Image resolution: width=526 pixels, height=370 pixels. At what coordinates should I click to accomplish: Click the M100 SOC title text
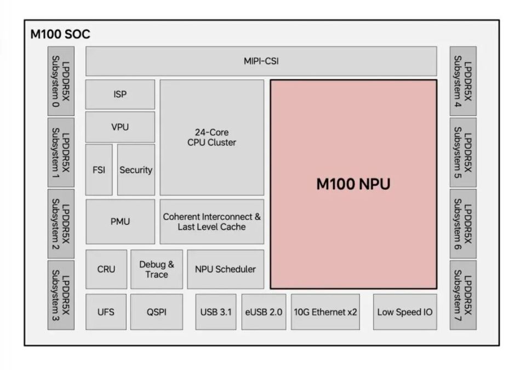(x=60, y=34)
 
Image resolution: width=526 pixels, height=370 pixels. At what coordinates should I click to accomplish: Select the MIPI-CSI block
(x=261, y=61)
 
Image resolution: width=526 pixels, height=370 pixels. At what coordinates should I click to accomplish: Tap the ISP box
(x=120, y=94)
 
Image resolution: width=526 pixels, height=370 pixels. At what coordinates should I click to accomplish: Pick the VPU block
(x=120, y=127)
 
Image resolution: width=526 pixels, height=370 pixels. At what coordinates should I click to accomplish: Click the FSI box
(x=99, y=170)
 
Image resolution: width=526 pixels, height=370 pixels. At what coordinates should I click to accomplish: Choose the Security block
(x=136, y=170)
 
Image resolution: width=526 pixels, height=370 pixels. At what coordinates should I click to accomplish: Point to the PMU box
(x=120, y=222)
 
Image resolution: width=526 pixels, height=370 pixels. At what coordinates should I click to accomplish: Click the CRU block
(x=106, y=269)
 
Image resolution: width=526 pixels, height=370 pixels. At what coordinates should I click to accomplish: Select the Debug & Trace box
(x=157, y=269)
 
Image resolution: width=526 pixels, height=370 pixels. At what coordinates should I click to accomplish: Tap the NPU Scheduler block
(x=225, y=269)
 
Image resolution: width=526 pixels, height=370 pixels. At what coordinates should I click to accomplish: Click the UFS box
(x=106, y=312)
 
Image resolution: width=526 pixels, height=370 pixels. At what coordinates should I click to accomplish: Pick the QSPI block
(x=157, y=312)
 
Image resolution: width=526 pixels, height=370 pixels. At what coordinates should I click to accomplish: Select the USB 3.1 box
(x=216, y=312)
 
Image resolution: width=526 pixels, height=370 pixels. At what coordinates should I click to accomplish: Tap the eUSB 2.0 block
(x=264, y=312)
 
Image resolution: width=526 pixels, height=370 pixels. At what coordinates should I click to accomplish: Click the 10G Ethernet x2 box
(x=325, y=312)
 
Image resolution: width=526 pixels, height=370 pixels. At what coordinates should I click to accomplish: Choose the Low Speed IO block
(x=405, y=312)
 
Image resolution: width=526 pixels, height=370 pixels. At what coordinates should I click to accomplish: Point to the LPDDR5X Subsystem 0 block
(x=61, y=81)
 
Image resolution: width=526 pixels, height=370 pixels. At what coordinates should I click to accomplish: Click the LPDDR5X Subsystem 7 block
(x=463, y=295)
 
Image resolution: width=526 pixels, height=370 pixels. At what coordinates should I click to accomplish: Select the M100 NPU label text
(x=353, y=184)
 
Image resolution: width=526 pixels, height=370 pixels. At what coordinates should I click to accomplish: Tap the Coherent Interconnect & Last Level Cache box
(x=211, y=222)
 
